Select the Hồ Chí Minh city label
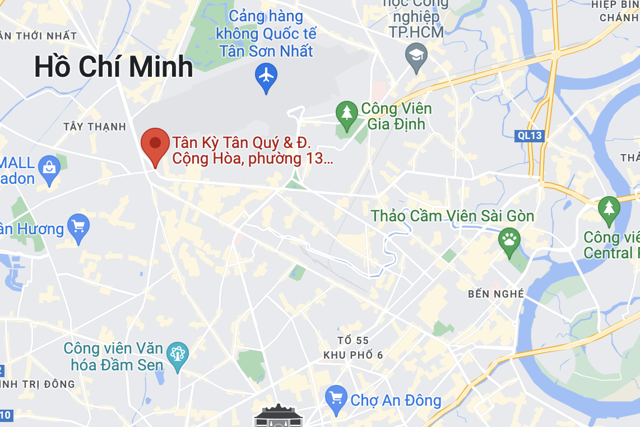(x=114, y=67)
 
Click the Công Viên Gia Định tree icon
(x=347, y=112)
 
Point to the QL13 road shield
(x=529, y=135)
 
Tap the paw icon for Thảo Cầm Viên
(x=509, y=241)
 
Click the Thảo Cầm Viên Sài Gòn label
(x=452, y=216)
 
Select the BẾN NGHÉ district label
(x=496, y=294)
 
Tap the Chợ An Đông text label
(x=396, y=401)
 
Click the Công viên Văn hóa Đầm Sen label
(x=113, y=357)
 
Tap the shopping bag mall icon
(x=49, y=168)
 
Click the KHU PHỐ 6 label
(x=353, y=355)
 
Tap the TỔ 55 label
(x=353, y=341)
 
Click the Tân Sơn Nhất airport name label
(x=266, y=34)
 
